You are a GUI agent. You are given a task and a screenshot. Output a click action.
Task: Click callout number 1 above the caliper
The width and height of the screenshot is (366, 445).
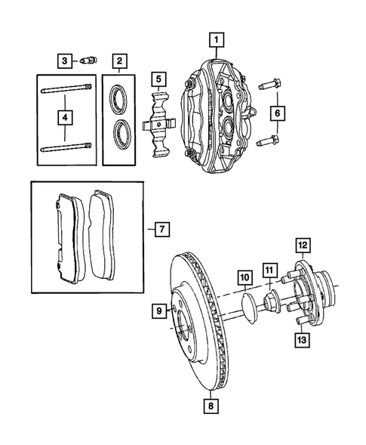[x=216, y=39]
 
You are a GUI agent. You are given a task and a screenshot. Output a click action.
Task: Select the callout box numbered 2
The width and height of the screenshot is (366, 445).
[x=118, y=60]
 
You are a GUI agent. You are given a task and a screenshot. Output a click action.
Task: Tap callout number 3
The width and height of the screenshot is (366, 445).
[x=66, y=60]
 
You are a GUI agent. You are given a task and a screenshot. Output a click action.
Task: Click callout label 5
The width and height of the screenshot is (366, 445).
[x=158, y=78]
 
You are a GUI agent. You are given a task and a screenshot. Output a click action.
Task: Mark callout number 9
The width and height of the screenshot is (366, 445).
[x=159, y=311]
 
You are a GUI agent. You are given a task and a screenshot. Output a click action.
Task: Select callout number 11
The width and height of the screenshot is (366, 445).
[x=269, y=270]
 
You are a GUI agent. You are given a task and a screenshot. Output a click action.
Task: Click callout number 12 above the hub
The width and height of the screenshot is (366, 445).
[x=302, y=244]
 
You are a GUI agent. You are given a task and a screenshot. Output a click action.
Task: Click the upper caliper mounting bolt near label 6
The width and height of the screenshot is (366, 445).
[x=269, y=84]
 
